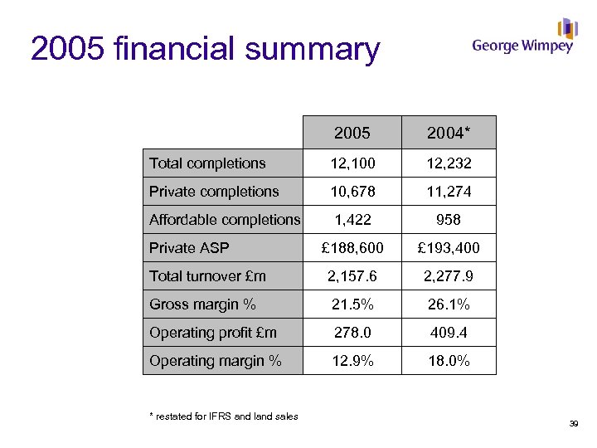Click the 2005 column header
[352, 133]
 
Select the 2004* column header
[449, 133]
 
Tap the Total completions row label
[207, 163]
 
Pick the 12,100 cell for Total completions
[352, 163]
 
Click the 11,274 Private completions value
[449, 192]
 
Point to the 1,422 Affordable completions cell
[352, 220]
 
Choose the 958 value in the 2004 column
[449, 220]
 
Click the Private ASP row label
[189, 248]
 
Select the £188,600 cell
[352, 248]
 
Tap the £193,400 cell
[449, 248]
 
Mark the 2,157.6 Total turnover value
[352, 276]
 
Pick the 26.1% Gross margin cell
[449, 304]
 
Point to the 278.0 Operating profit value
[352, 333]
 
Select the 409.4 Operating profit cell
[449, 333]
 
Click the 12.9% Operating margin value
[352, 361]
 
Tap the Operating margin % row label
[216, 361]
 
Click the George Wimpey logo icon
[567, 29]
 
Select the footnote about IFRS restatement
[224, 416]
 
